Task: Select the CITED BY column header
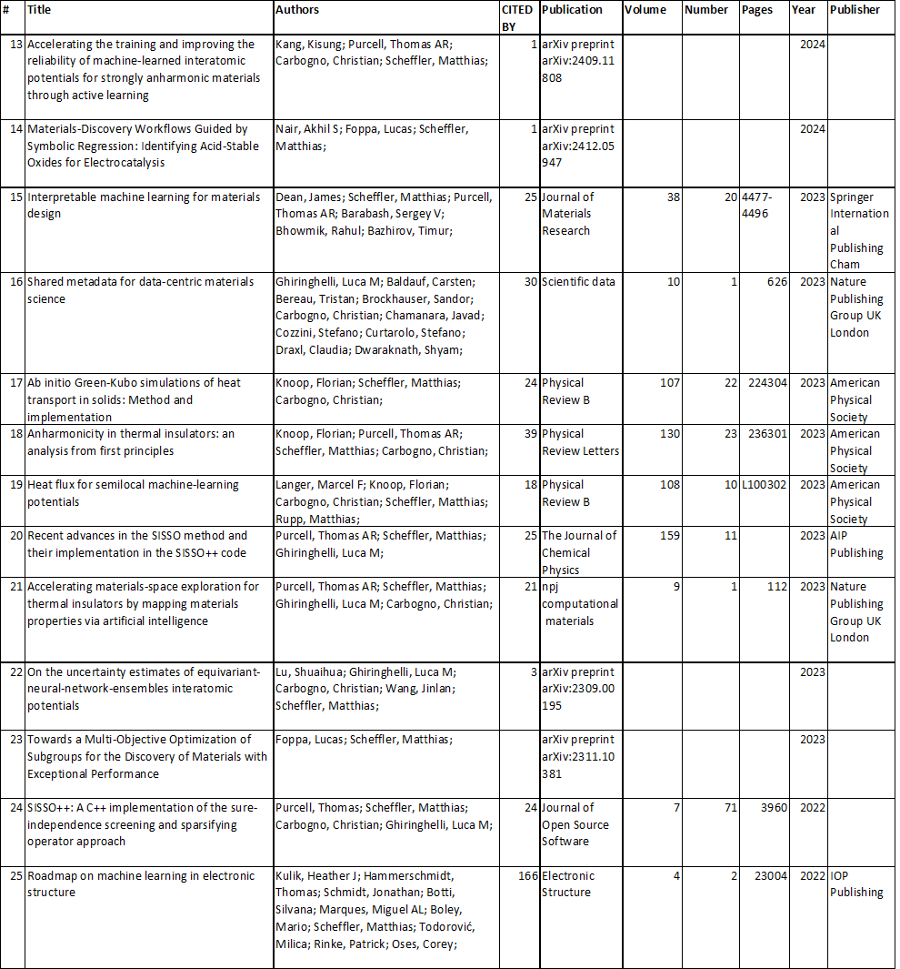517,18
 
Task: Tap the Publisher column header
855,10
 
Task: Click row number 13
15,44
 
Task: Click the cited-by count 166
528,876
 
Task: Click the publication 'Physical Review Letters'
580,442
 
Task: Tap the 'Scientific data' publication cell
577,282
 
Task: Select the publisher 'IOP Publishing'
856,884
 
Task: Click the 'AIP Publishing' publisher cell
856,544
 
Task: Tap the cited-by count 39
531,434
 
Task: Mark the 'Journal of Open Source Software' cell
575,824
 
